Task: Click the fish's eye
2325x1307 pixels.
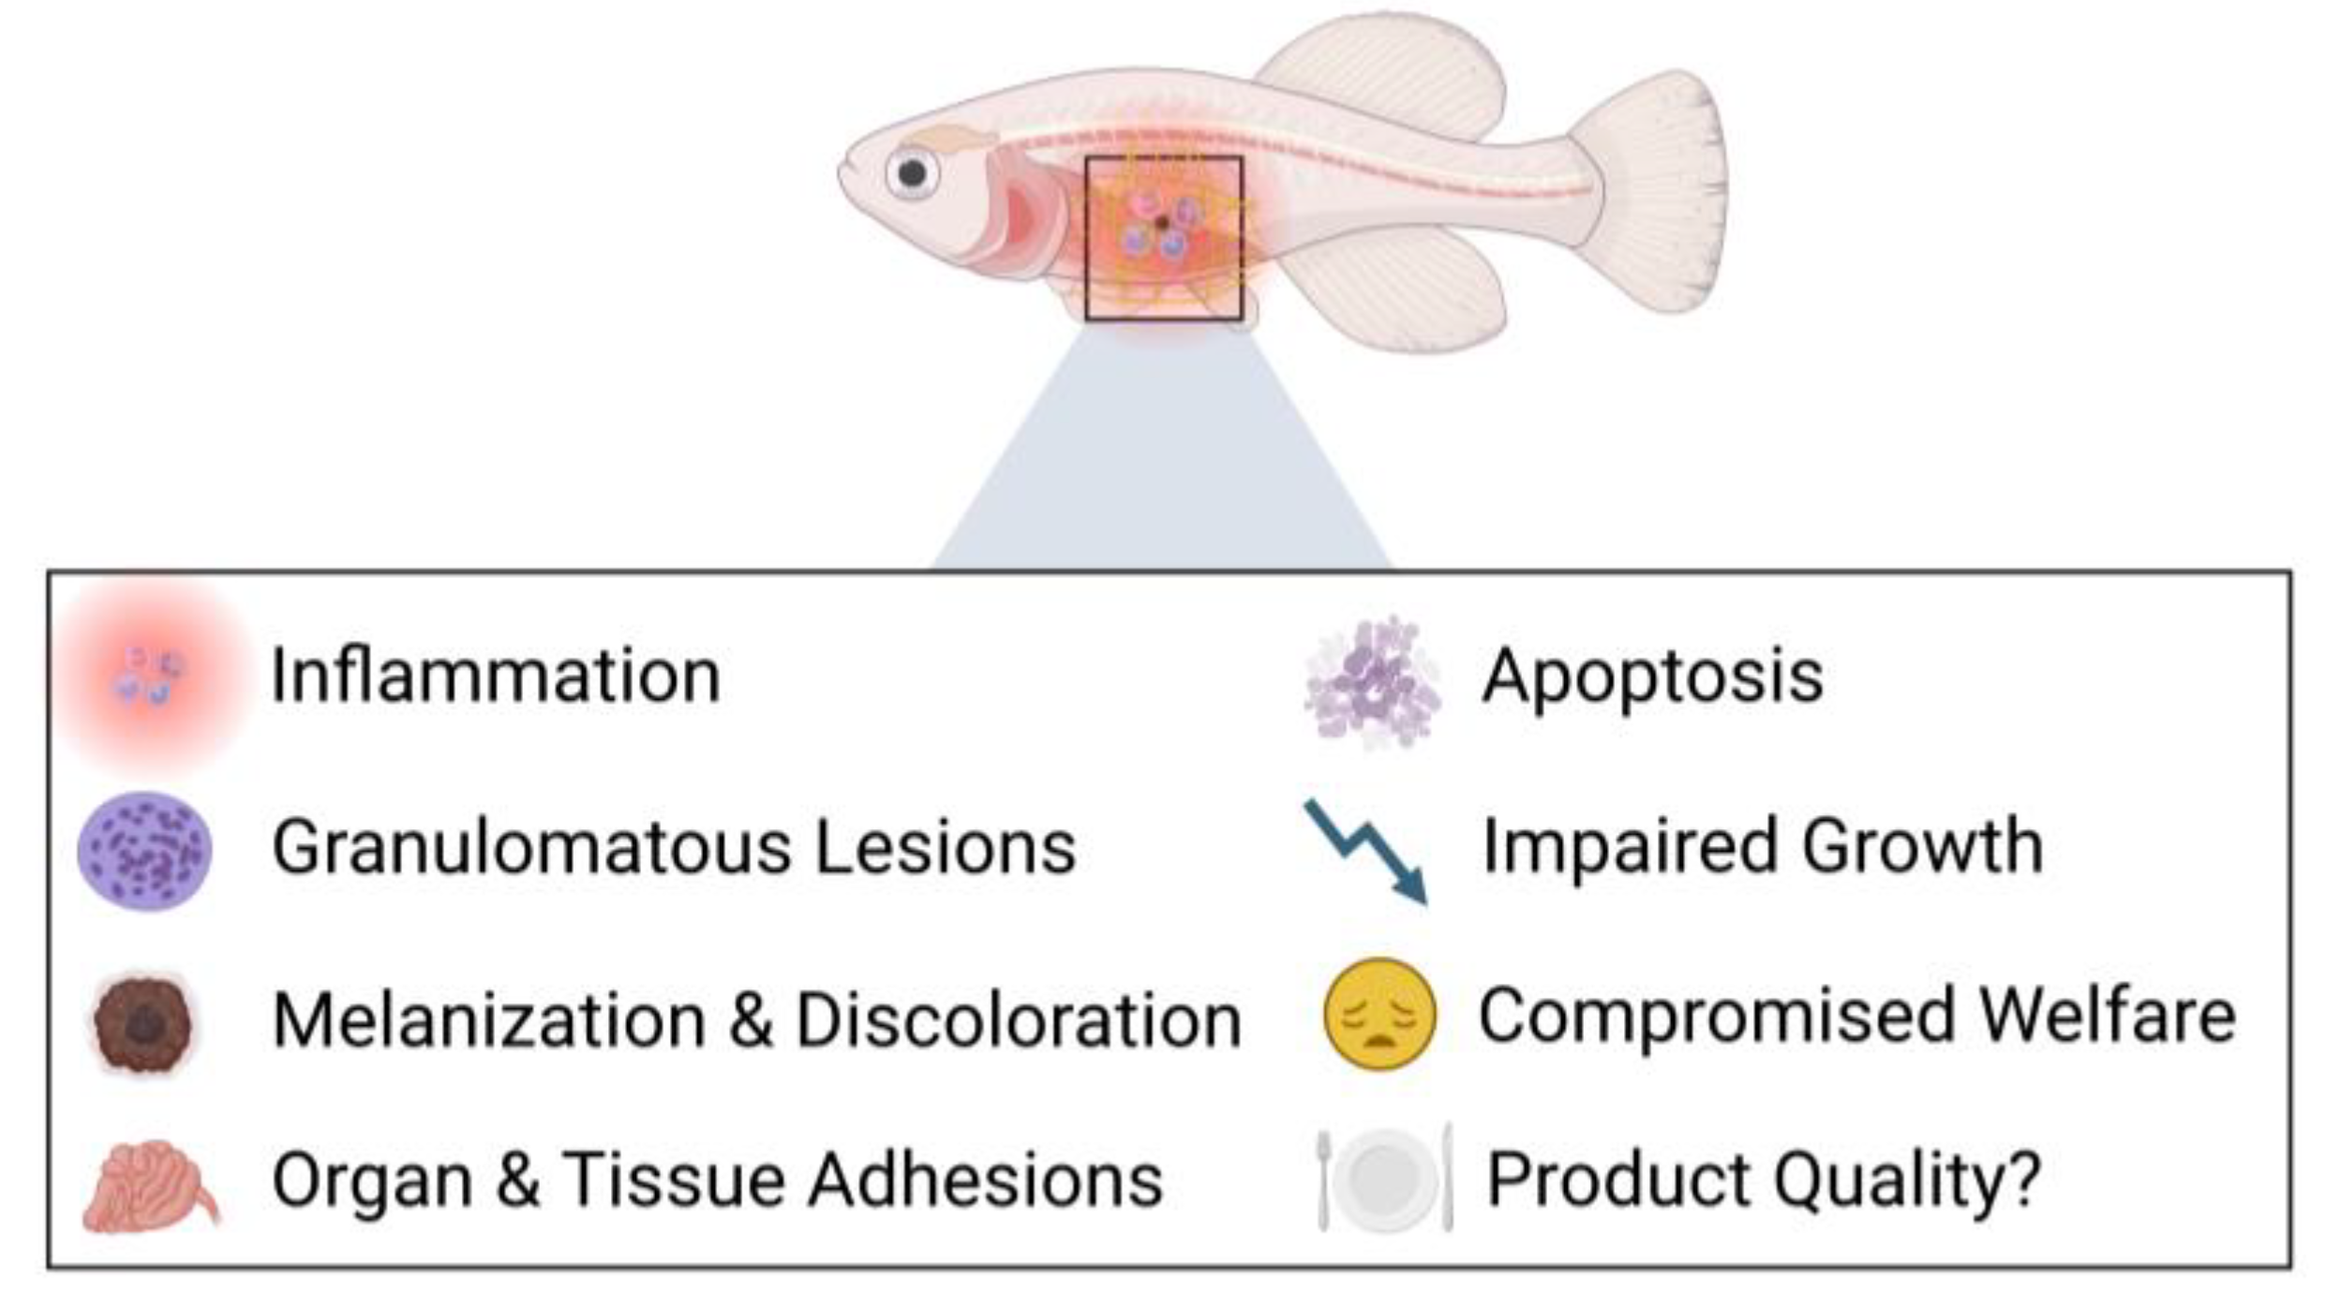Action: (912, 172)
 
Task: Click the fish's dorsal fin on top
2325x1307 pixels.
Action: (1387, 75)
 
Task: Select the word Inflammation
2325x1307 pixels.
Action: (496, 675)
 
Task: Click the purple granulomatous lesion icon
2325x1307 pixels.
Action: (144, 851)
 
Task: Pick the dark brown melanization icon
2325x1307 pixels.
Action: (143, 1023)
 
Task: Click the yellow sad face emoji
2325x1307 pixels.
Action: (1379, 1014)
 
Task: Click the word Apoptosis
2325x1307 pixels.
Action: (1652, 676)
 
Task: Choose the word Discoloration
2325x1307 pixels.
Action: (1019, 1019)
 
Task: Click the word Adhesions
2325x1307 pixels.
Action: (985, 1181)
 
